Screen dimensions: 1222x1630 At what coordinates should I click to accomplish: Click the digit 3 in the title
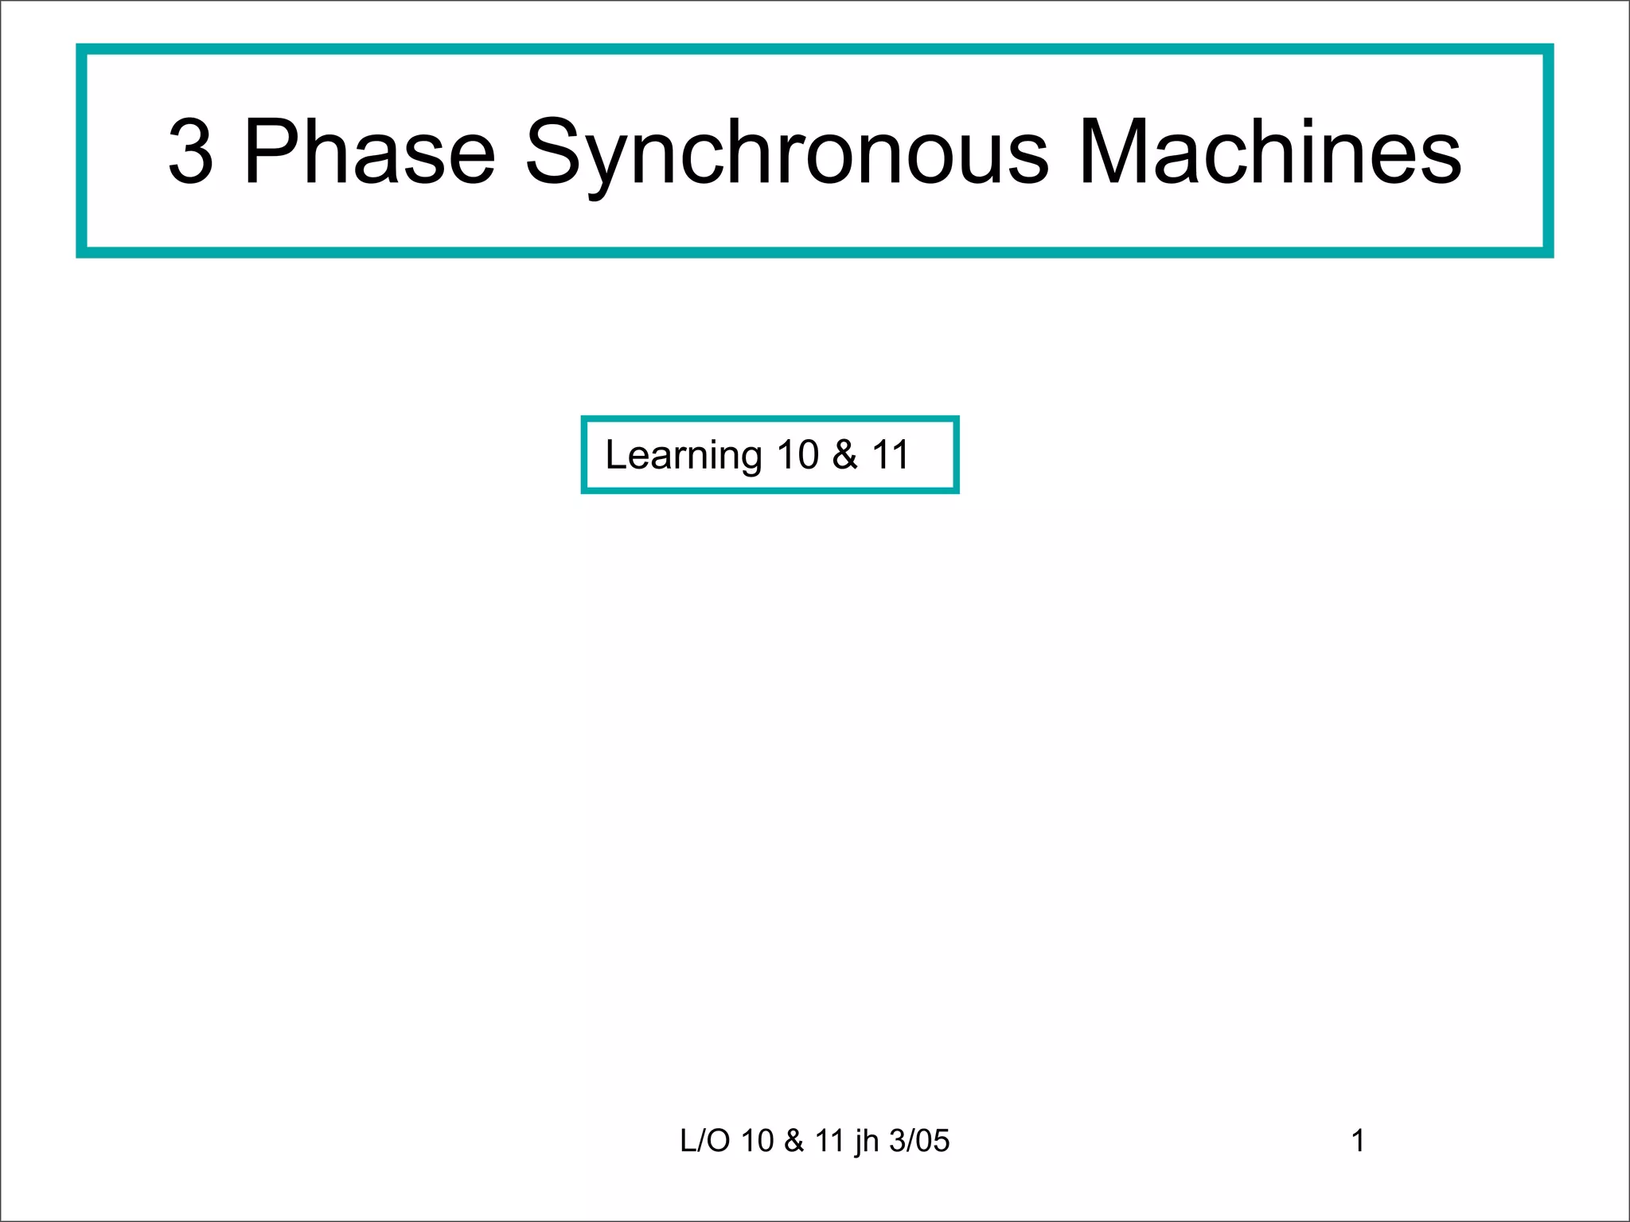click(x=191, y=151)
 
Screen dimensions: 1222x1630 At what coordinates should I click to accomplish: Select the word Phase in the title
click(x=369, y=151)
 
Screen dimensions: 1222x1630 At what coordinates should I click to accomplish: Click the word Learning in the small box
click(x=684, y=456)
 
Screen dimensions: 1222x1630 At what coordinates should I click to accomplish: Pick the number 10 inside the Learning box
click(x=797, y=455)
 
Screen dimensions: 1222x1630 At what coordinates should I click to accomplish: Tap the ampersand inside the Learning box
click(x=845, y=455)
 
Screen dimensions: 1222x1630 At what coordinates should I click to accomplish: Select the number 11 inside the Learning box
click(x=890, y=455)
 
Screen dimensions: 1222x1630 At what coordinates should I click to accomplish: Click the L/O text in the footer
click(x=704, y=1141)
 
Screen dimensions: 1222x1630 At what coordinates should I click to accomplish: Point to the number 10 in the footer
click(x=757, y=1141)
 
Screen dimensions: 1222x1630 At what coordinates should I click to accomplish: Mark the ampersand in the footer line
click(x=794, y=1141)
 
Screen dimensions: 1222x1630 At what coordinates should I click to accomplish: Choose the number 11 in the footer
click(x=829, y=1141)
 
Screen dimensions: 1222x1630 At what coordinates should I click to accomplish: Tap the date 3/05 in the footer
click(x=919, y=1141)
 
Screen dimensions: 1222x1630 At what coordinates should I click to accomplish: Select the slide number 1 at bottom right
click(x=1358, y=1141)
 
